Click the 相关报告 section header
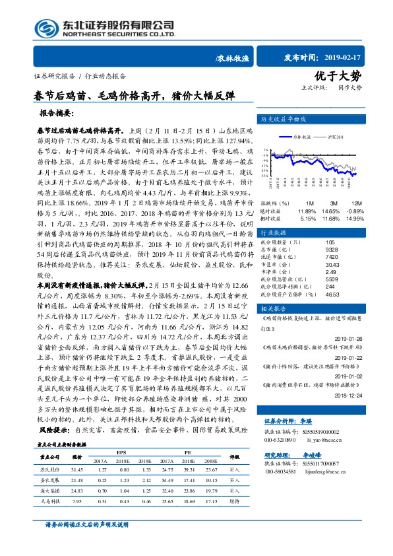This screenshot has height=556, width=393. click(x=274, y=308)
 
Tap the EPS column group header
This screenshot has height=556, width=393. click(x=121, y=452)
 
